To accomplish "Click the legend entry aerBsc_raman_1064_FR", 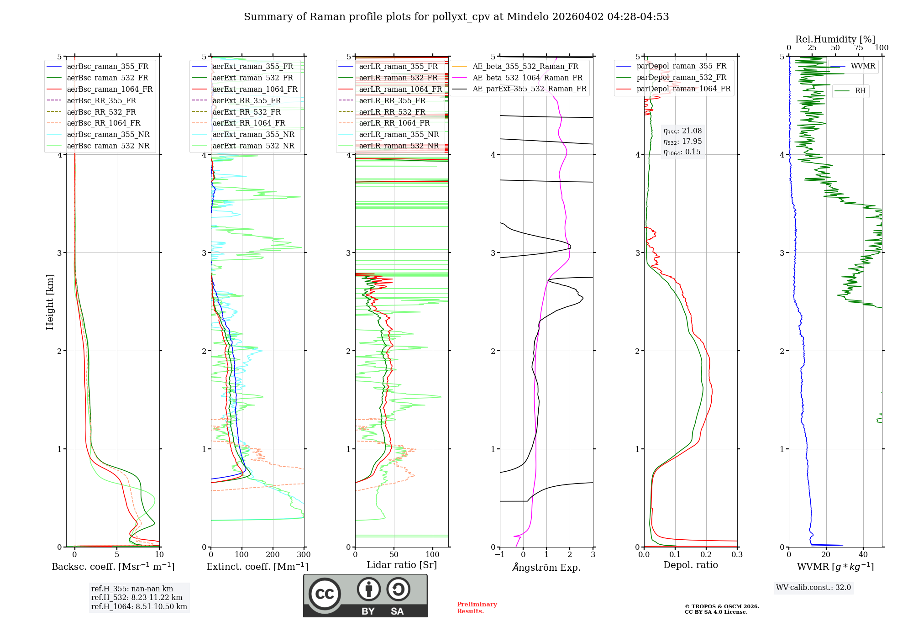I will coord(110,89).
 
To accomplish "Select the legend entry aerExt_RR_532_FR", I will coord(247,112).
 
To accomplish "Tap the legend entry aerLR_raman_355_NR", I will coord(399,134).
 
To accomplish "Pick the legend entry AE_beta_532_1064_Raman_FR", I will coord(527,78).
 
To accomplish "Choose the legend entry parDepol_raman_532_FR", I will coord(681,78).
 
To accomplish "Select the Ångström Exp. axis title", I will coord(546,568).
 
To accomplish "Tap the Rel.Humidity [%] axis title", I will coord(835,39).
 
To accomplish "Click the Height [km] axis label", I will coord(50,302).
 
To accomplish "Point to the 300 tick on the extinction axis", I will coord(304,555).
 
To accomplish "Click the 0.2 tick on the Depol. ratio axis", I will coord(706,555).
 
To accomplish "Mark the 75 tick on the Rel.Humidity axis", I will coord(859,48).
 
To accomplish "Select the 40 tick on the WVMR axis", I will coord(863,555).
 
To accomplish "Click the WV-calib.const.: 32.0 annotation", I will coord(813,588).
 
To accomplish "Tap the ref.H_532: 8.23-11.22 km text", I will coord(136,598).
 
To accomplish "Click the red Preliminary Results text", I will coord(477,608).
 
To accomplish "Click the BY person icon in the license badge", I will coord(368,589).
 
